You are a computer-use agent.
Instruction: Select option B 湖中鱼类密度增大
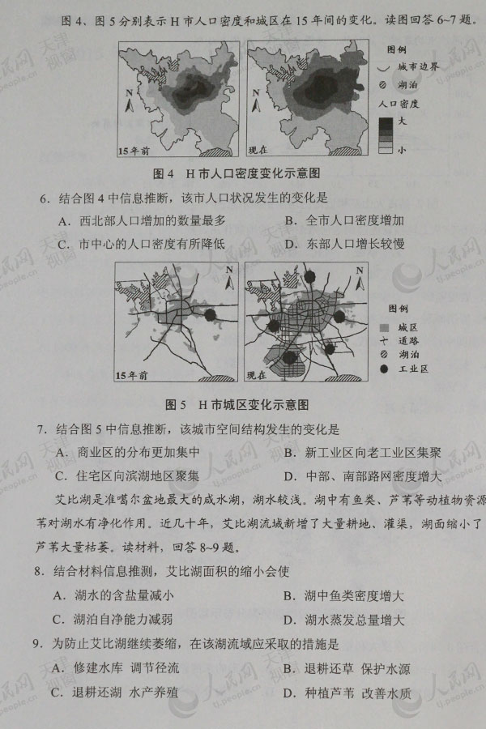[x=343, y=597]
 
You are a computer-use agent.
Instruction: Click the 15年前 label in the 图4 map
[x=134, y=151]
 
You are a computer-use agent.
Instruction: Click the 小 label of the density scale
[x=402, y=150]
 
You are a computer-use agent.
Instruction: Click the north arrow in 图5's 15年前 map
[x=230, y=277]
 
